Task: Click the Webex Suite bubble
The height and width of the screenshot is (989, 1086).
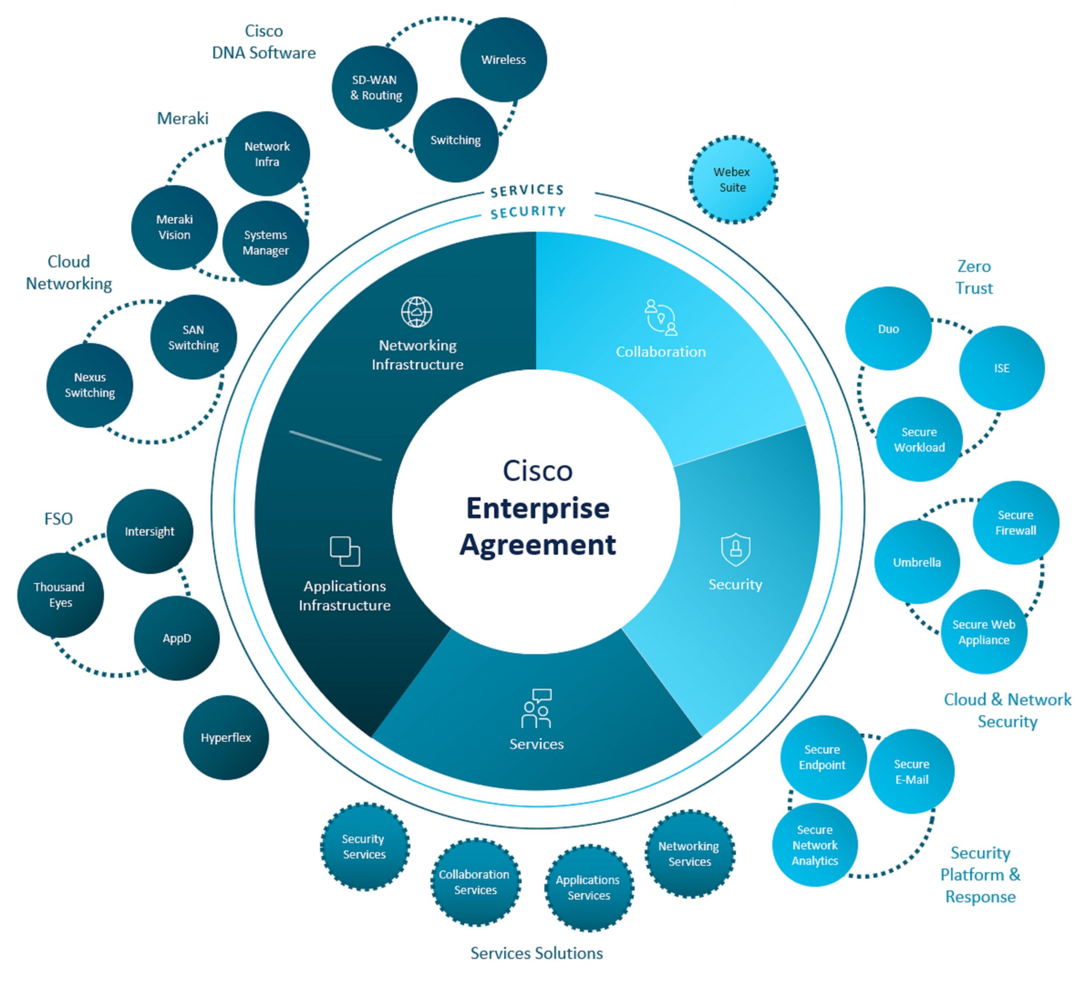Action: point(733,180)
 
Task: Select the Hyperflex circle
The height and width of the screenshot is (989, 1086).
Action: point(226,737)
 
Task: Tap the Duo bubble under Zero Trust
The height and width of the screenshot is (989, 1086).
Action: point(888,329)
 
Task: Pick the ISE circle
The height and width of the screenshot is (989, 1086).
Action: point(1002,368)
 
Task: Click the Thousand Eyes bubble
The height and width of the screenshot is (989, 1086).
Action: point(60,595)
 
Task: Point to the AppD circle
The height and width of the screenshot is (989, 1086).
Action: point(177,638)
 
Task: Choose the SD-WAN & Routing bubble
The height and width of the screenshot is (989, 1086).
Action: point(375,87)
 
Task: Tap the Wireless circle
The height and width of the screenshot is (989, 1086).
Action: point(503,60)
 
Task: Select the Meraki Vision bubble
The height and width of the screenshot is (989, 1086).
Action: point(174,227)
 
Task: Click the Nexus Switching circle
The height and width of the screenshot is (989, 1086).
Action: point(90,385)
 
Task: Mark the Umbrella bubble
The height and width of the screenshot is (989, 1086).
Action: point(916,562)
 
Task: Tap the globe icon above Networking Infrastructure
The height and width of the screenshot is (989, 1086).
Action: point(417,312)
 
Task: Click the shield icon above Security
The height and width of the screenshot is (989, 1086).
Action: point(735,549)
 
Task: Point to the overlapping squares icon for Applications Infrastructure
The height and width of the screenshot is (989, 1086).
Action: point(345,551)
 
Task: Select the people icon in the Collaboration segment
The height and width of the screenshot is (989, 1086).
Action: point(661,317)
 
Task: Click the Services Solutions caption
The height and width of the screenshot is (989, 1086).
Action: point(537,953)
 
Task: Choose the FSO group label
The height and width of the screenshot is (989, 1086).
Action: point(58,519)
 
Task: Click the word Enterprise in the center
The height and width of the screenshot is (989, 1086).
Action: point(537,508)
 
